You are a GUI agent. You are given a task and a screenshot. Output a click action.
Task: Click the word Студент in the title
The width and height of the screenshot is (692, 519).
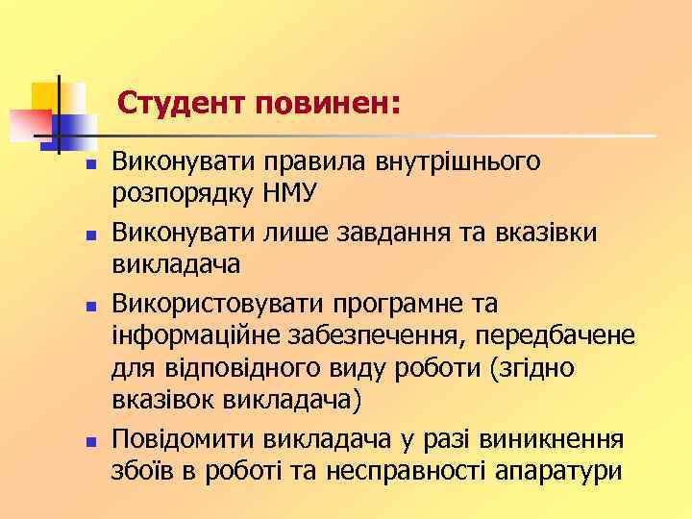pyautogui.click(x=184, y=101)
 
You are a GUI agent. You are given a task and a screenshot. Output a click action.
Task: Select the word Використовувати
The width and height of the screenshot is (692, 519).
pyautogui.click(x=218, y=305)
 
